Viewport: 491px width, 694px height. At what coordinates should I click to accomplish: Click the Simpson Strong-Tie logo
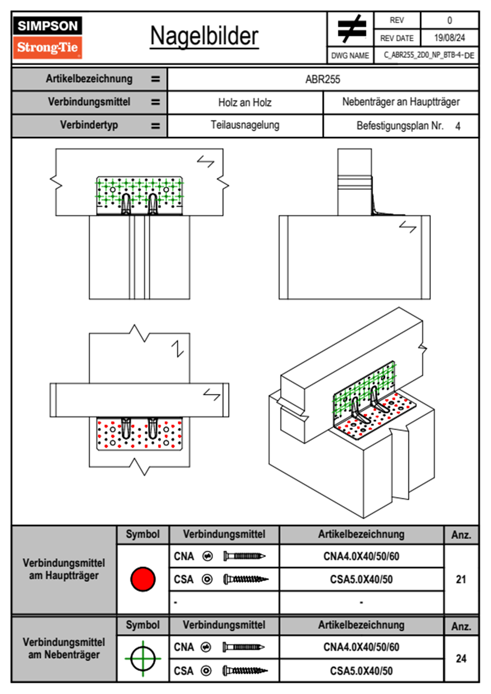[47, 38]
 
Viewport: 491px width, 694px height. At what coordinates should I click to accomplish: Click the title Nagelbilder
[204, 36]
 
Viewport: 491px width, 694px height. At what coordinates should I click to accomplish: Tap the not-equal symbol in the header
[351, 29]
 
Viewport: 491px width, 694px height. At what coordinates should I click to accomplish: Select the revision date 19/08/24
[449, 38]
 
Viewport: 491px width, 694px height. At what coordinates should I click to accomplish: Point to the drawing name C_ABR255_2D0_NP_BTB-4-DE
[429, 55]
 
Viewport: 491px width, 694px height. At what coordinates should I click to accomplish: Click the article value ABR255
[323, 79]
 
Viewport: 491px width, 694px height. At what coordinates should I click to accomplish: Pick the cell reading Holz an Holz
[245, 102]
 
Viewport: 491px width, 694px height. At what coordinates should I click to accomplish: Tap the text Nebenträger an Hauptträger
[401, 102]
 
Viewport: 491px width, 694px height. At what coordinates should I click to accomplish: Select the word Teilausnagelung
[245, 125]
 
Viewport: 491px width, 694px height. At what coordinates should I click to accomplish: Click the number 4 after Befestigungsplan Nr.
[458, 126]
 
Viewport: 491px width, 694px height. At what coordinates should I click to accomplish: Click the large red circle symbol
[143, 579]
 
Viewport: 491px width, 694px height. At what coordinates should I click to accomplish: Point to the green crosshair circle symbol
[143, 659]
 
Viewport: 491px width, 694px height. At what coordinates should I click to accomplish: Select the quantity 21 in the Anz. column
[461, 579]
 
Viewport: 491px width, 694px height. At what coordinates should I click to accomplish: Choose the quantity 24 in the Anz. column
[461, 659]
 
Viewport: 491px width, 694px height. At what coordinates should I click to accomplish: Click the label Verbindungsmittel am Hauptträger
[64, 569]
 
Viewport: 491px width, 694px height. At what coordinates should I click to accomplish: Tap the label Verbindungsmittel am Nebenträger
[64, 648]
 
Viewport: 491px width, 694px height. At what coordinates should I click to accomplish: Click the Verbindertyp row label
[89, 125]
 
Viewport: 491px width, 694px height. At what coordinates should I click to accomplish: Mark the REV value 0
[449, 20]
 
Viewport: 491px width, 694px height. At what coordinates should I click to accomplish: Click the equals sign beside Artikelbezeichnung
[155, 79]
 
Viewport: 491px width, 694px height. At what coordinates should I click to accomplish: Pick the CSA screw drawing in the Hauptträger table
[245, 579]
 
